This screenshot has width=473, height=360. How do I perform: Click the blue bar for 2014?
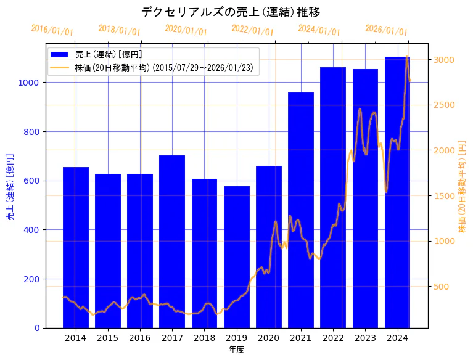coord(76,247)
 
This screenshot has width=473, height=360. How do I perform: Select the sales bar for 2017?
coord(172,240)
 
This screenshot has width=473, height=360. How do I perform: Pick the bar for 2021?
coord(301,210)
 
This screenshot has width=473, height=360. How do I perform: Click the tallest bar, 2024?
coord(398,192)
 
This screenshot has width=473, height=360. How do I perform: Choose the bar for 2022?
coord(333,197)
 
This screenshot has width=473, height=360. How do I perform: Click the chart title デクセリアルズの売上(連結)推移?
coord(231,12)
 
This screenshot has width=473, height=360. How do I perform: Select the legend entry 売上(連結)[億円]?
coord(108,54)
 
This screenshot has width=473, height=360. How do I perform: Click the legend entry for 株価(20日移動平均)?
coord(159,67)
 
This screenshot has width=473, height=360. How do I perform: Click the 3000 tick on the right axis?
coord(443,60)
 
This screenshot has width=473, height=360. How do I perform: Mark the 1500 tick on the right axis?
coord(443,196)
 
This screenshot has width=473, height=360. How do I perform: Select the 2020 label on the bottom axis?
coord(269,338)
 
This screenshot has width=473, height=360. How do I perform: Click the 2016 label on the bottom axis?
coord(140,338)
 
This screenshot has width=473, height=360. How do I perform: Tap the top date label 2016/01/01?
coord(52,30)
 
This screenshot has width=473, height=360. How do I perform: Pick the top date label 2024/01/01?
coord(319,30)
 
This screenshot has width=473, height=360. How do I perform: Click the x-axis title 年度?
coord(236,350)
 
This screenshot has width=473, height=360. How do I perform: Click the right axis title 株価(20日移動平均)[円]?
coord(462,186)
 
